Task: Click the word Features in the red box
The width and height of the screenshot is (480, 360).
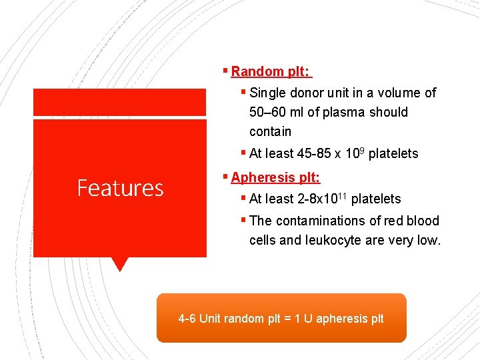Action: pyautogui.click(x=120, y=188)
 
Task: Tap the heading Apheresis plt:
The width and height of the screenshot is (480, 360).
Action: pyautogui.click(x=275, y=177)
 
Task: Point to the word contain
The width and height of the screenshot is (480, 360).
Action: pyautogui.click(x=270, y=131)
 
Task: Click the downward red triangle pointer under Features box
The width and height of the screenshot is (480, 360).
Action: pyautogui.click(x=120, y=264)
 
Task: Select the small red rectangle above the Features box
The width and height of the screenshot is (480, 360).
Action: pyautogui.click(x=120, y=102)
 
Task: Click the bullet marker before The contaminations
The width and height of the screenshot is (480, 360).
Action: pyautogui.click(x=244, y=220)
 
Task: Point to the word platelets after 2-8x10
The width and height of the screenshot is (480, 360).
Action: pyautogui.click(x=376, y=199)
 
